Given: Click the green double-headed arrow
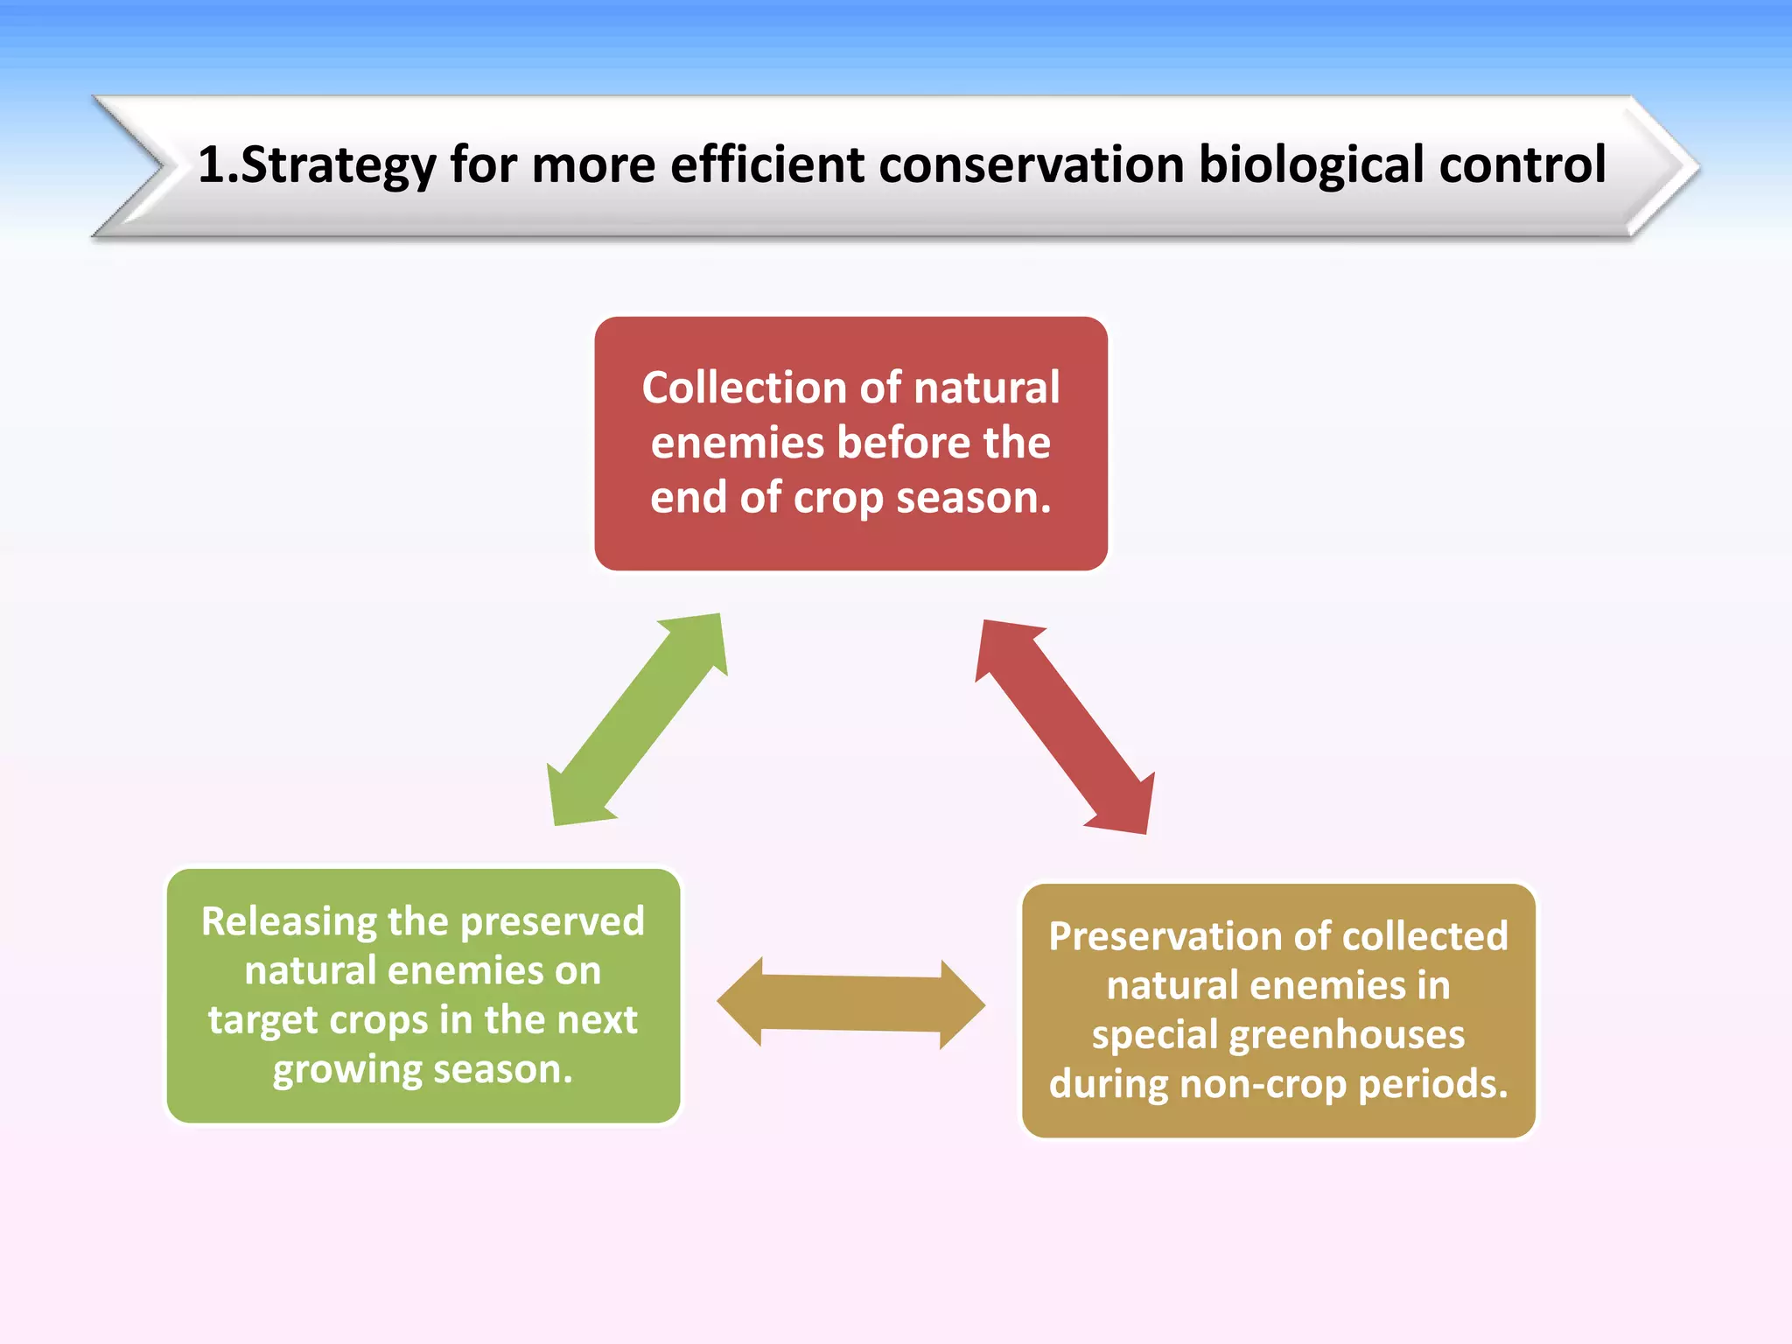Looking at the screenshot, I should point(637,719).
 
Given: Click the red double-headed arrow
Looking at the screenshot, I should point(1065,726).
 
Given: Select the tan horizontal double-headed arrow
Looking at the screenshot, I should point(850,1004).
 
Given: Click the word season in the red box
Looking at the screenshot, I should point(973,498).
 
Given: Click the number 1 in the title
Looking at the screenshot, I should point(210,164).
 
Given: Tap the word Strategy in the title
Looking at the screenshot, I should point(338,164).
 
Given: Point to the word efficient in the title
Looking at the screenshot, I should point(766,164).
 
